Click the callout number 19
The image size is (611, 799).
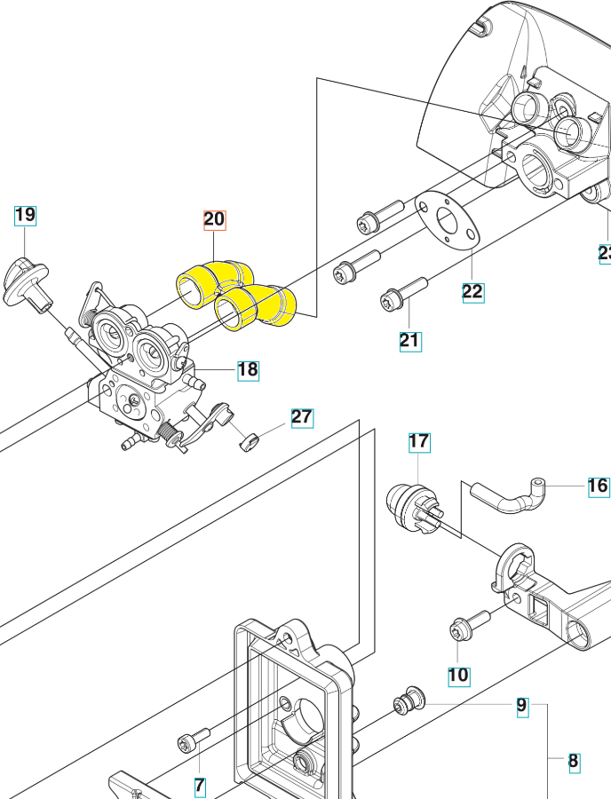[x=25, y=215]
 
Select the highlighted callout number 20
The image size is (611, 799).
[x=215, y=220]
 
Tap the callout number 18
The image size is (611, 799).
[x=248, y=370]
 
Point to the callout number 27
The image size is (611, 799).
[x=302, y=417]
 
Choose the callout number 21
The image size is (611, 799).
[x=409, y=340]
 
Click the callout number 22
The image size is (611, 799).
[x=472, y=290]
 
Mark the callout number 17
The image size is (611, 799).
[x=419, y=440]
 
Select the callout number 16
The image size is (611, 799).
[x=598, y=486]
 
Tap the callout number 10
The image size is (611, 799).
[x=458, y=675]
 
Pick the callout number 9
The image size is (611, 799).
[x=522, y=707]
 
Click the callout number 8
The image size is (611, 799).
[x=573, y=761]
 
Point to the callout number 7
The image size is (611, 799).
[x=200, y=785]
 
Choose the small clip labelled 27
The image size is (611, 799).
[x=248, y=440]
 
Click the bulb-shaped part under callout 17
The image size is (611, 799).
[x=410, y=508]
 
